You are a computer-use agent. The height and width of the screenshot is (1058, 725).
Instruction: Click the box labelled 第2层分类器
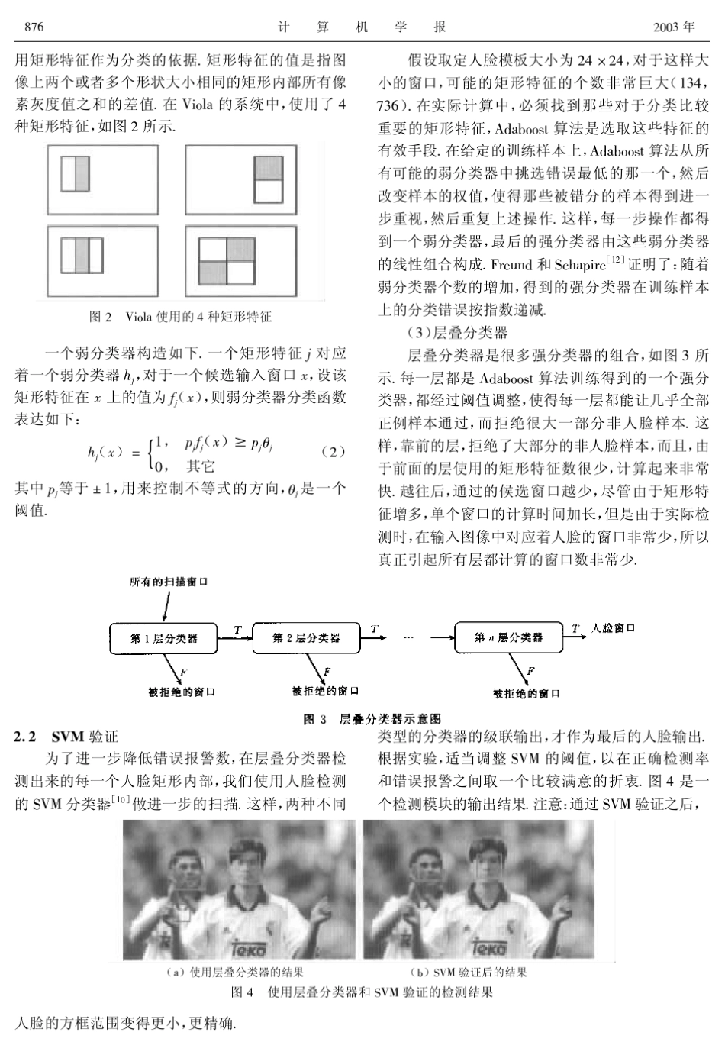[x=306, y=638]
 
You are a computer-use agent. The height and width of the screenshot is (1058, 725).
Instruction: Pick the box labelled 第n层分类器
[x=508, y=638]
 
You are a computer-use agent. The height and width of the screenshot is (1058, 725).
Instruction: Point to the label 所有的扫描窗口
[x=169, y=582]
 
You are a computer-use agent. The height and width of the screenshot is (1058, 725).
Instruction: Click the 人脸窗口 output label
[x=613, y=628]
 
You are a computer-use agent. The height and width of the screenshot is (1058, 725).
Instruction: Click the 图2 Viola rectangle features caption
[x=180, y=317]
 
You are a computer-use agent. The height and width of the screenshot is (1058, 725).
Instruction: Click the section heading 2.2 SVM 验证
[x=66, y=737]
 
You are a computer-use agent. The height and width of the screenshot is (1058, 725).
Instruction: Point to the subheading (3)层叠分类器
[x=458, y=333]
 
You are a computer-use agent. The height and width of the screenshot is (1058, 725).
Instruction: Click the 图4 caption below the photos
[x=362, y=992]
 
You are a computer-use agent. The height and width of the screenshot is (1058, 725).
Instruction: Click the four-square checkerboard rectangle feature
[x=226, y=262]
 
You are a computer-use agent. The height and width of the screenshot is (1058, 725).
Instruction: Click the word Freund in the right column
[x=511, y=265]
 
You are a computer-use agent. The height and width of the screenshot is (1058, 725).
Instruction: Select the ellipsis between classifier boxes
[x=408, y=637]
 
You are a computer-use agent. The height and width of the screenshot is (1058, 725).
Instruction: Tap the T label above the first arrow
[x=237, y=630]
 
